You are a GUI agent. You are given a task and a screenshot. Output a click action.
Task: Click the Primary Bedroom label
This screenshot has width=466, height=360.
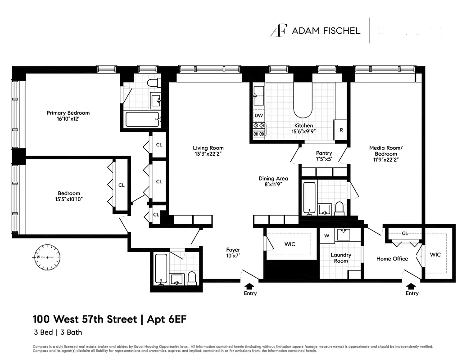pos(68,113)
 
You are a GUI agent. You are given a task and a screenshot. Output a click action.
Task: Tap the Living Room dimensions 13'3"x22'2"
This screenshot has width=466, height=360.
pos(208,154)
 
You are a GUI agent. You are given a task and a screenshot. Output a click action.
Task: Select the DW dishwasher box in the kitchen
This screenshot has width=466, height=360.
pos(258,116)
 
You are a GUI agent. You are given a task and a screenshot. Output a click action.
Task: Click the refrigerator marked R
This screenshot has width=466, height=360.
pos(340,130)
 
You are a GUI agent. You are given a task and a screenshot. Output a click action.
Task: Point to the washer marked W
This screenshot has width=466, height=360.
pos(326,236)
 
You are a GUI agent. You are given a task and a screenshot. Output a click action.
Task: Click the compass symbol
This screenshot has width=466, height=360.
pos(46,256)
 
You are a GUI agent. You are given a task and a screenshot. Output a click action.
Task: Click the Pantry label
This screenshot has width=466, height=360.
pos(324,153)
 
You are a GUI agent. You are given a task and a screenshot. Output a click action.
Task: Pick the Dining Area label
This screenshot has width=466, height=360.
pos(273,179)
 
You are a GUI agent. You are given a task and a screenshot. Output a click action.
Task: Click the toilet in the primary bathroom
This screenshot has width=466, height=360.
pos(154,83)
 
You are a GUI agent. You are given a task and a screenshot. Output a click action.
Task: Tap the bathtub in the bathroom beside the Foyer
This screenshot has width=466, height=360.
pos(161,269)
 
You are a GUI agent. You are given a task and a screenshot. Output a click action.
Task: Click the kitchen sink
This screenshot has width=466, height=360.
pos(258,95)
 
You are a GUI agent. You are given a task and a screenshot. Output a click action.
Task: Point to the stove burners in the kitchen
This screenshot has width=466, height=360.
pos(259,130)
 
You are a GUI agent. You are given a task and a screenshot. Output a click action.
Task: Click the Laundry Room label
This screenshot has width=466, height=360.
pos(341,258)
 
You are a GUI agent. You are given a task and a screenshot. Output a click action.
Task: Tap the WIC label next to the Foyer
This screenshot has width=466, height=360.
pos(290,244)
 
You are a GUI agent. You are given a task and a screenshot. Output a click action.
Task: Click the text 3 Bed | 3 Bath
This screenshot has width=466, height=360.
pos(57,333)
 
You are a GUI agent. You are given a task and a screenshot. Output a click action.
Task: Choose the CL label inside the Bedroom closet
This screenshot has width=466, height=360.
pos(121,185)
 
